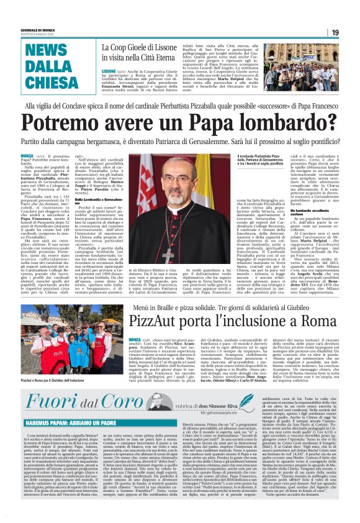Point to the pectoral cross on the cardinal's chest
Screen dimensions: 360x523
168,227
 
